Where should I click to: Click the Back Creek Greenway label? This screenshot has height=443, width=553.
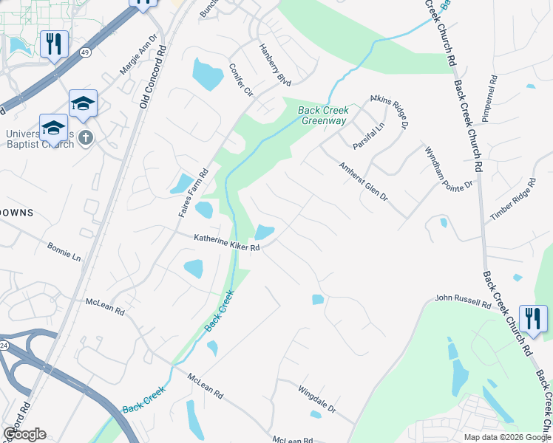point(323,116)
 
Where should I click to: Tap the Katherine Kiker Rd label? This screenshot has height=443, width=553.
point(227,244)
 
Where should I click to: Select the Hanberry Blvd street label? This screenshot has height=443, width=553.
point(275,63)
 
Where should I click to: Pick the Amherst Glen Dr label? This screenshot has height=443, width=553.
point(364,182)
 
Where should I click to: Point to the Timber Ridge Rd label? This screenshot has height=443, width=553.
point(512,200)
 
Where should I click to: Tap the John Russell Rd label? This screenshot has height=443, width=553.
point(463,301)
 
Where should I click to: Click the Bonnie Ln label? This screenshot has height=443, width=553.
point(64,252)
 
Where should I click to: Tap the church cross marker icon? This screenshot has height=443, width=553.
point(86,137)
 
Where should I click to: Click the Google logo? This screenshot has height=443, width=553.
point(24,434)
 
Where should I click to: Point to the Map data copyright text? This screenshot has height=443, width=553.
point(507,436)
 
